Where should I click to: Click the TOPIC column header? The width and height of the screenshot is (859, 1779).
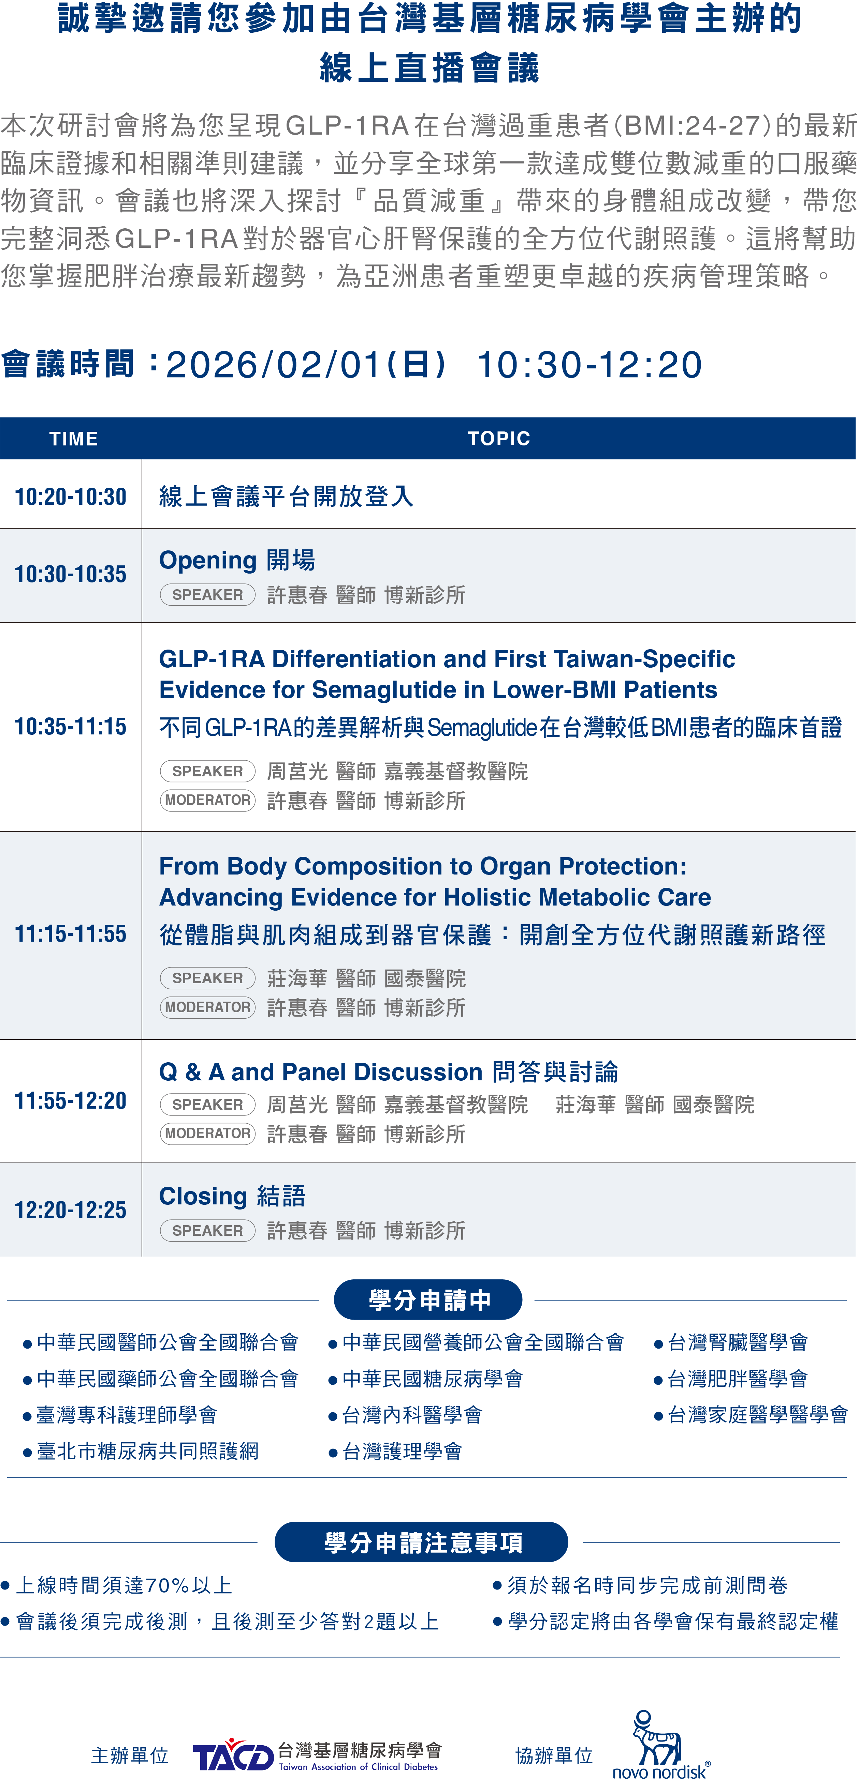coord(499,439)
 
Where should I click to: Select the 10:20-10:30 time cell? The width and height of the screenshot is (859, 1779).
coord(71,497)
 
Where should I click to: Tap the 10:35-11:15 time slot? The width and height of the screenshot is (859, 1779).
coord(71,727)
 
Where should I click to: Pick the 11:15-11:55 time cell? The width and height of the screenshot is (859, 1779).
coord(71,934)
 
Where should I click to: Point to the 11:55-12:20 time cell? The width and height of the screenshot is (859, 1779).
coord(71,1101)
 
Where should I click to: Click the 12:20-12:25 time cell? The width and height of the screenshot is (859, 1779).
coord(71,1210)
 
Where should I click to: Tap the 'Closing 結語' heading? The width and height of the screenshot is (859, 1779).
coord(232,1196)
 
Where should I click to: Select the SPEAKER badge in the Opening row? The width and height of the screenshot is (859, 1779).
coord(207,595)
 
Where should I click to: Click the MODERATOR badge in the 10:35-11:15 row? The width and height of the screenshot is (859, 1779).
coord(207,801)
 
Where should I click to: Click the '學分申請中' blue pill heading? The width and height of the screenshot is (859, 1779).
coord(428,1300)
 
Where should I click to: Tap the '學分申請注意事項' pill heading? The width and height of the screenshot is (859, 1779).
coord(422,1542)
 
